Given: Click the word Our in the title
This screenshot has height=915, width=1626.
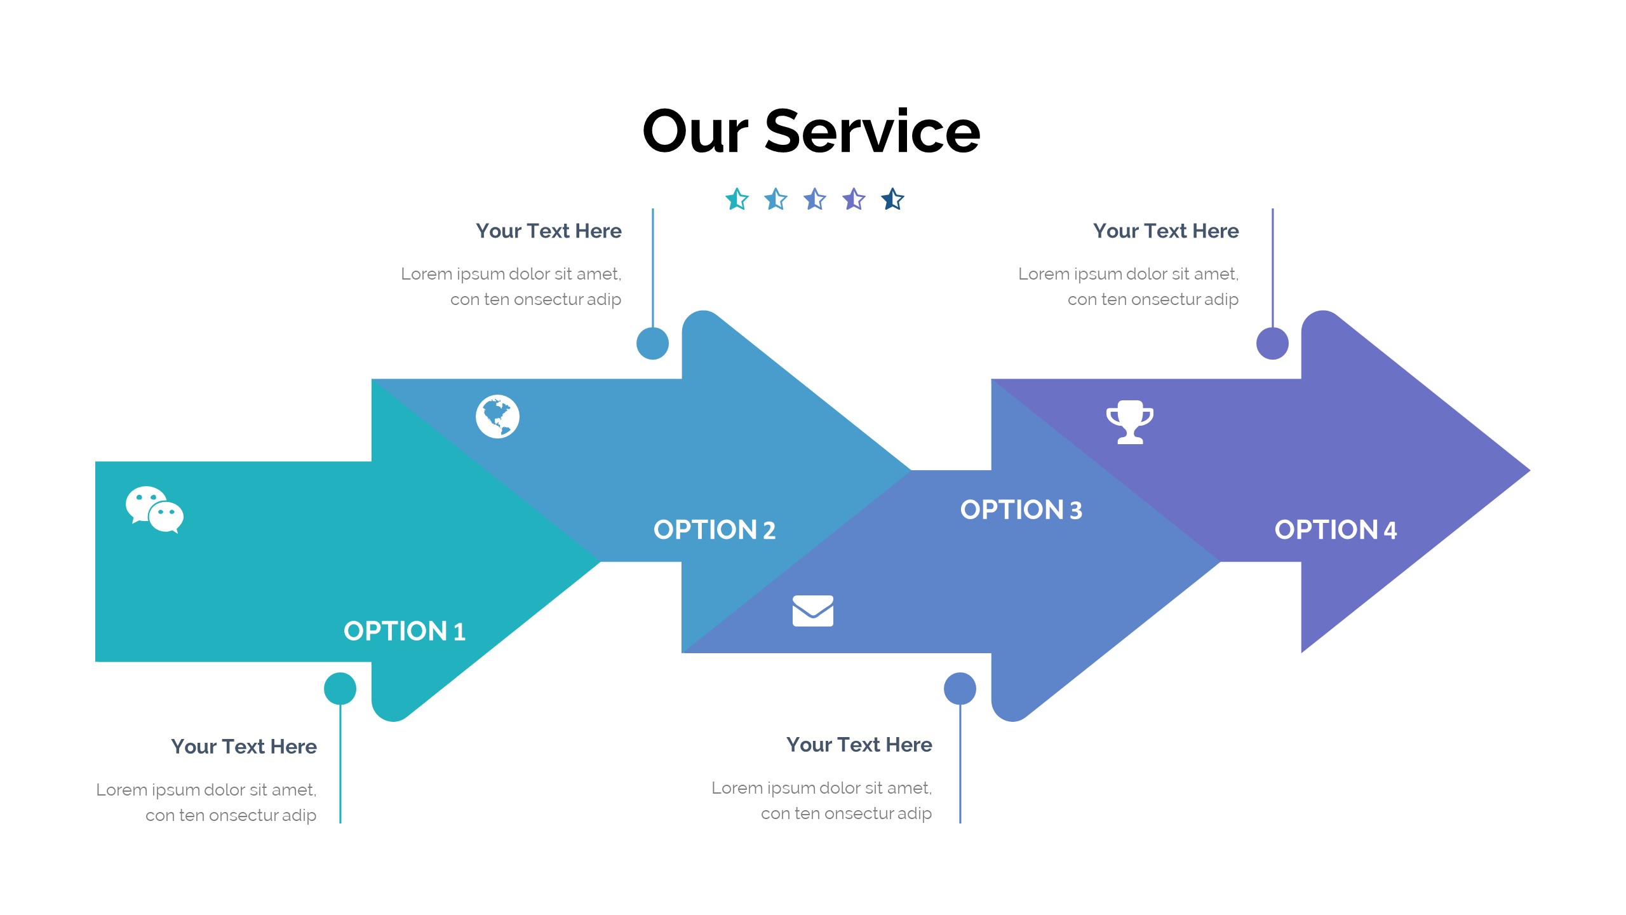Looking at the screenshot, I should click(695, 132).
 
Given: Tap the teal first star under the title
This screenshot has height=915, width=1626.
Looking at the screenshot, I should click(737, 199).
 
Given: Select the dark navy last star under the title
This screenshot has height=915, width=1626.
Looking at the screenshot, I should click(892, 199).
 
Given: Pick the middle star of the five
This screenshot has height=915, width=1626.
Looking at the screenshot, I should click(815, 199).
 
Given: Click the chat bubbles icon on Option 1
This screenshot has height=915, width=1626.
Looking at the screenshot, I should click(154, 510).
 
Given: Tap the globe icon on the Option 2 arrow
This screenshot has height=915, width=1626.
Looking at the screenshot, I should click(497, 417).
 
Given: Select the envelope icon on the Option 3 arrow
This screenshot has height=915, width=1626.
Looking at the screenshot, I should click(812, 611).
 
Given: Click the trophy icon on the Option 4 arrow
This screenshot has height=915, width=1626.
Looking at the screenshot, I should click(1129, 422).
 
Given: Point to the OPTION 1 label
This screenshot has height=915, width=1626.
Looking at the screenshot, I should click(405, 632).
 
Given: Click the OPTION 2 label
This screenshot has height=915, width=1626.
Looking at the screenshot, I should click(715, 530).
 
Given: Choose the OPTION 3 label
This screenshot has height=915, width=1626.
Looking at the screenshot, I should click(1021, 510).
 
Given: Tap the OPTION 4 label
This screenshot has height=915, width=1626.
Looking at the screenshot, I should click(1335, 530).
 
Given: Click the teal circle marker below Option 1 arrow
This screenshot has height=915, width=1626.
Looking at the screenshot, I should click(340, 689).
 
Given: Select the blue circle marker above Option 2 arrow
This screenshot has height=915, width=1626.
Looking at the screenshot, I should click(652, 344).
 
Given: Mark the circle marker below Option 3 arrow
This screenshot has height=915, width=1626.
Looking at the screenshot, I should click(960, 689).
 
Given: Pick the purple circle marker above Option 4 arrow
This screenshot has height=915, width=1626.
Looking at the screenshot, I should click(1272, 344).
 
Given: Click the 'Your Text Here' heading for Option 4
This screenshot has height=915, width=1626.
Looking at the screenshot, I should click(1166, 231).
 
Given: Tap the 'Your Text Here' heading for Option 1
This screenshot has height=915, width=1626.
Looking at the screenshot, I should click(244, 747).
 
